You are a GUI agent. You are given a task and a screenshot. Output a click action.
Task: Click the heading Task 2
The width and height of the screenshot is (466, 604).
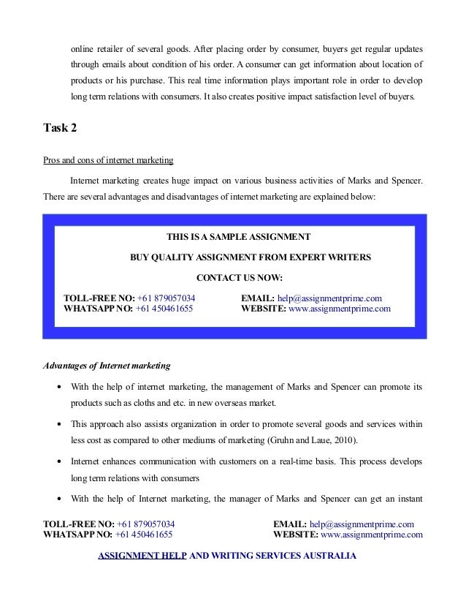pos(61,129)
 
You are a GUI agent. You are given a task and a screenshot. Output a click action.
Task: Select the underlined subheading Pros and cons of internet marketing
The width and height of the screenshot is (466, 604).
pos(109,160)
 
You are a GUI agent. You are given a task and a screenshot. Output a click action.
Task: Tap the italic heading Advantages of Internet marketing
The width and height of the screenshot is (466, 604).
pos(107,364)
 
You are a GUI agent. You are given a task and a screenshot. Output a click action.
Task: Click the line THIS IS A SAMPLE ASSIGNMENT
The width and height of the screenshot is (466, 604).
pos(238,237)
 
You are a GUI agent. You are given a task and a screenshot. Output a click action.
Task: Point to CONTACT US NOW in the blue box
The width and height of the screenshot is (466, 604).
pos(240,278)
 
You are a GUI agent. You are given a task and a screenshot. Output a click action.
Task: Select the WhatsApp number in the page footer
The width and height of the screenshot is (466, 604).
pos(145,535)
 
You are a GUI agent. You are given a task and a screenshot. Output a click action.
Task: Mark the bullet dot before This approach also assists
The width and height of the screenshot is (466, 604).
pos(58,424)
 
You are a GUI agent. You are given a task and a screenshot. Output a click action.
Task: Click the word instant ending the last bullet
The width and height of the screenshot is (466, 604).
pos(408,500)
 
